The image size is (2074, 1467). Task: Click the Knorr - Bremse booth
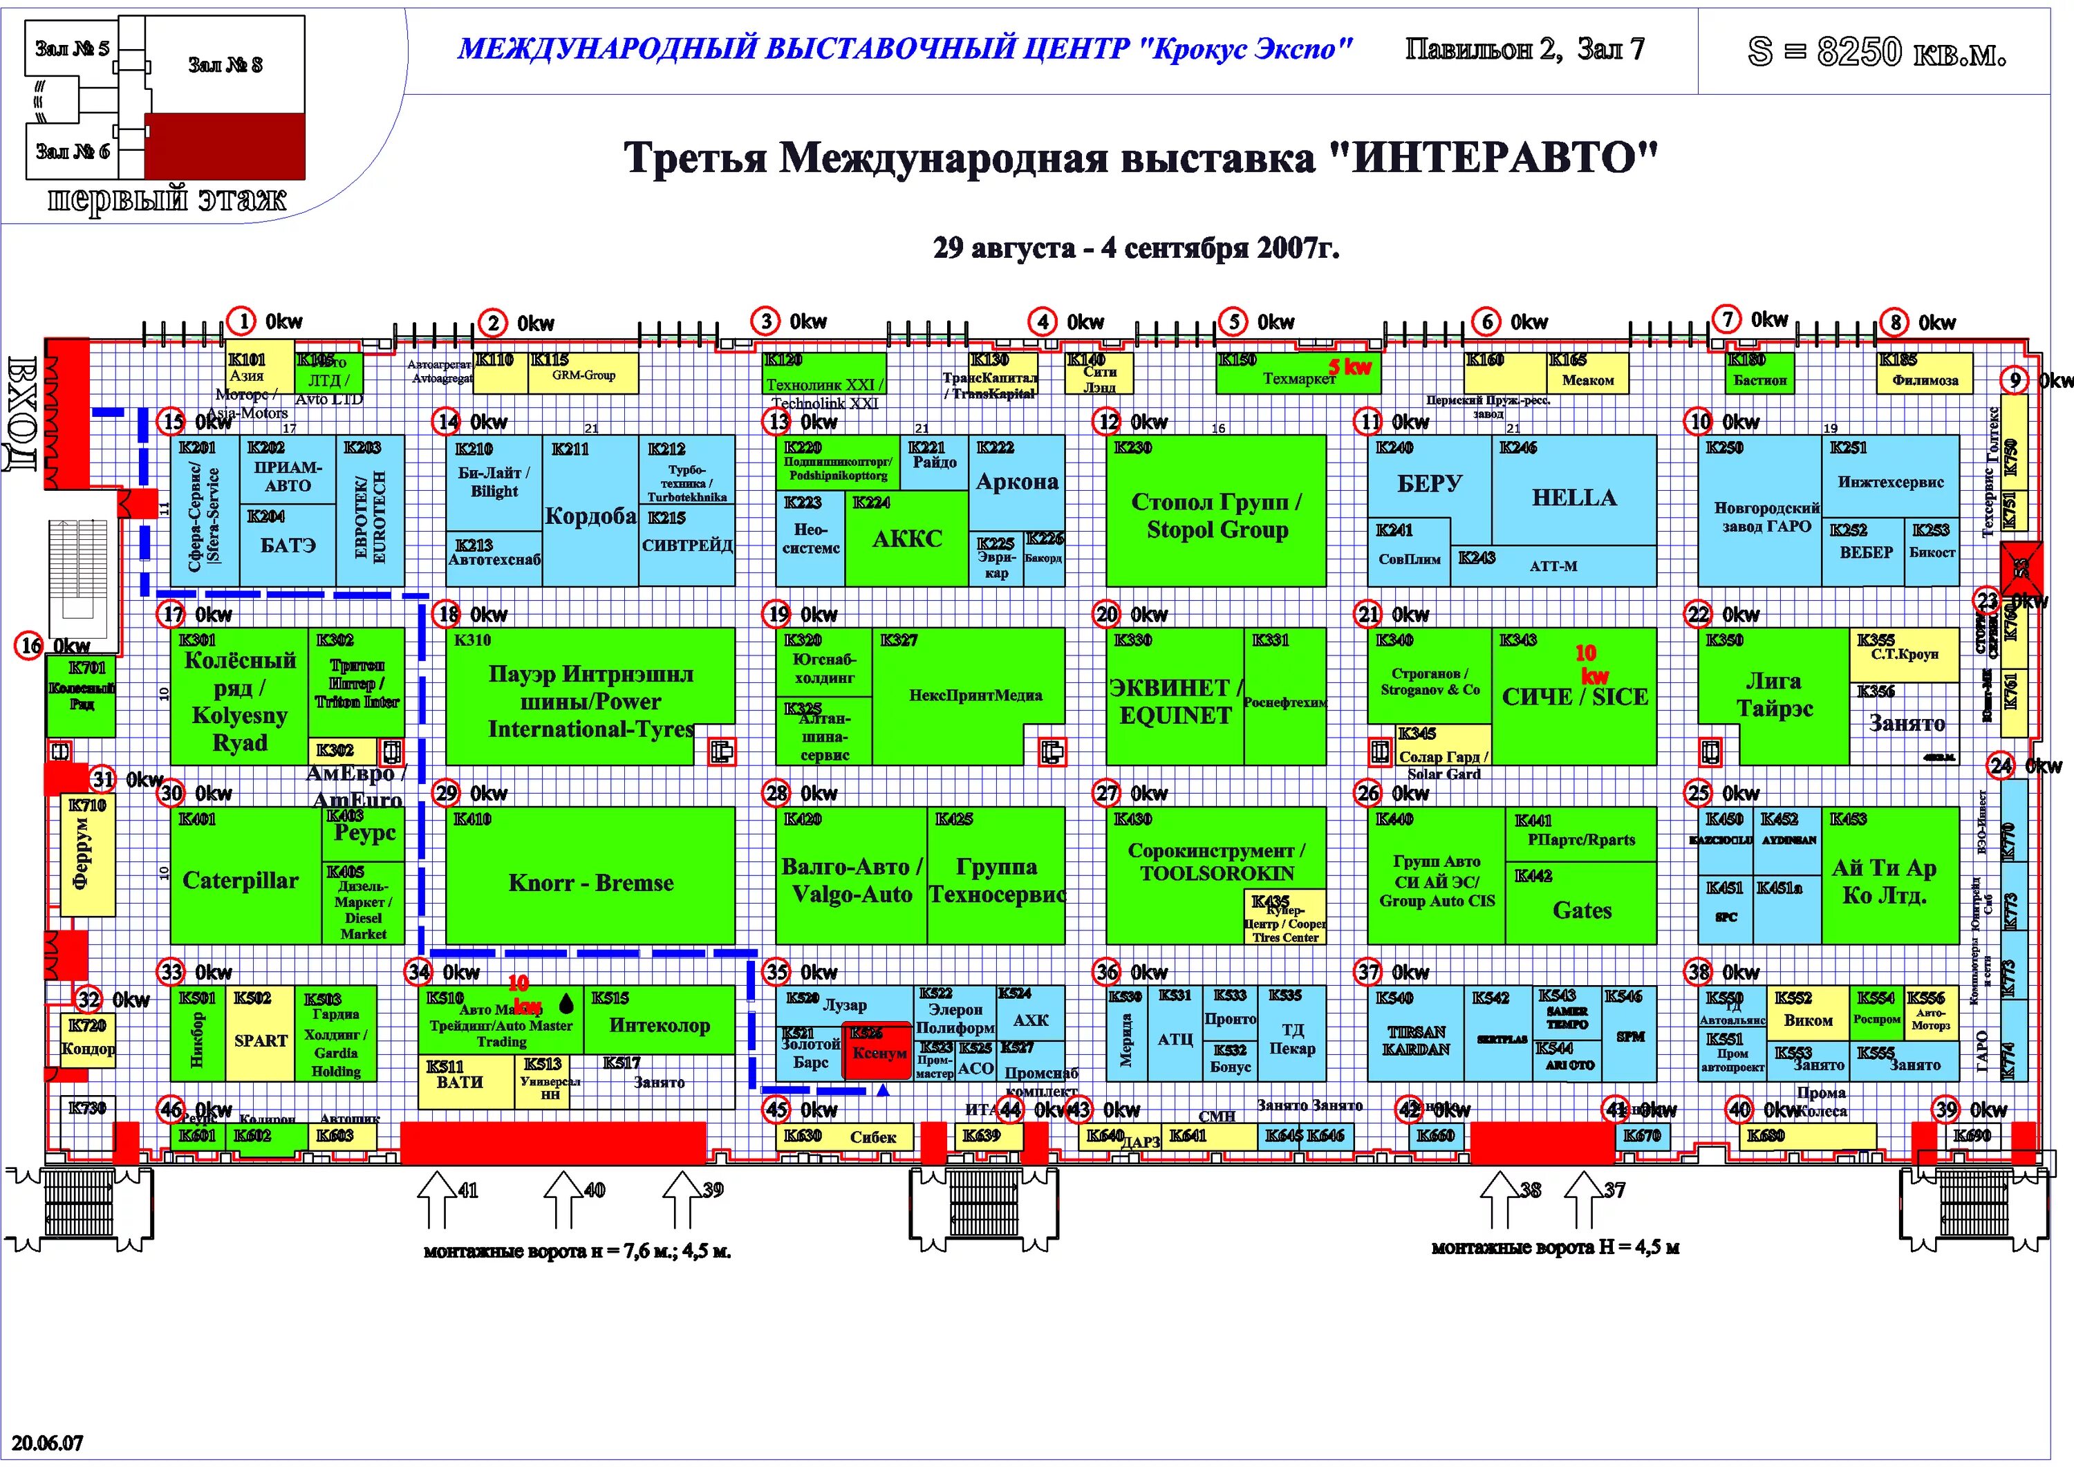(x=591, y=883)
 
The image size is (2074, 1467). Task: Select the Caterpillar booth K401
(x=241, y=880)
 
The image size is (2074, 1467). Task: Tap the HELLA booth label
(x=1573, y=498)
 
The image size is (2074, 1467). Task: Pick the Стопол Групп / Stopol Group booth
(x=1216, y=515)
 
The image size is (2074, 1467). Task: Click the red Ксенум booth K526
(x=877, y=1052)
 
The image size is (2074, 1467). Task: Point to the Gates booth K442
(x=1582, y=910)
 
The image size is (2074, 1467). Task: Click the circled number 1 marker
(x=242, y=321)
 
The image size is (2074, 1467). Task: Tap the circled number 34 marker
(x=418, y=972)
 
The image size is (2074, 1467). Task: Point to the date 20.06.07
(x=47, y=1443)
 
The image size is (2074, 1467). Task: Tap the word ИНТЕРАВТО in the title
(x=1493, y=158)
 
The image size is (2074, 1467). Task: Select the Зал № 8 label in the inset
(x=225, y=65)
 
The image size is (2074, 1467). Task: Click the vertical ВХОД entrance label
(x=21, y=413)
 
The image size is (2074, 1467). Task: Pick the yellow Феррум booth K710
(x=82, y=855)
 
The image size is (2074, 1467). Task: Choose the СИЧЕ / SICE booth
(x=1573, y=696)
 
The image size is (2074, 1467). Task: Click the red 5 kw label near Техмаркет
(x=1349, y=366)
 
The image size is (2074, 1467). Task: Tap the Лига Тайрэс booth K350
(x=1773, y=695)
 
